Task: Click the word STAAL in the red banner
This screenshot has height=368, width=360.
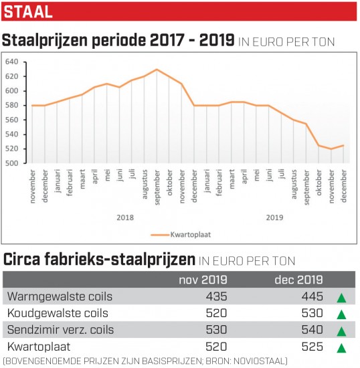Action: [x=28, y=12]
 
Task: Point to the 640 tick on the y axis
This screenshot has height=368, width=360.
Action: [x=12, y=62]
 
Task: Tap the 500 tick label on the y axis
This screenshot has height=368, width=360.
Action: [x=12, y=163]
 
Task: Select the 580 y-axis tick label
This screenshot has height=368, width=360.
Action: [x=12, y=105]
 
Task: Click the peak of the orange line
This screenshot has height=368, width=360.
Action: [x=157, y=69]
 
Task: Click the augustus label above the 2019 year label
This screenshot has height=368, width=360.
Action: [x=294, y=184]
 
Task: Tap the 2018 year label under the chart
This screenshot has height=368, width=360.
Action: [x=125, y=217]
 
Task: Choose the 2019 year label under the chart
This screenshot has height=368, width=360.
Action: [x=274, y=217]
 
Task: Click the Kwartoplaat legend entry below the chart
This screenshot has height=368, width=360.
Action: [x=181, y=234]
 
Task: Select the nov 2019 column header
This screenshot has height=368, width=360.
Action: [x=203, y=280]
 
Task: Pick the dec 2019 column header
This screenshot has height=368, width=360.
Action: [x=298, y=280]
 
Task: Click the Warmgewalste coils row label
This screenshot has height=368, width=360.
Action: [x=60, y=296]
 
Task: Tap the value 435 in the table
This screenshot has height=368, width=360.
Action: [x=216, y=296]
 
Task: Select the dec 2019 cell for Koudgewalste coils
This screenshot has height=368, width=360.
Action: [x=312, y=313]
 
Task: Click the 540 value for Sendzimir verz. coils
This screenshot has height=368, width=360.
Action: [x=312, y=330]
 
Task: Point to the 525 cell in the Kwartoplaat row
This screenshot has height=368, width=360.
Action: [x=312, y=347]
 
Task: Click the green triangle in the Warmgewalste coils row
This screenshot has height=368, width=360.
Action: [x=341, y=298]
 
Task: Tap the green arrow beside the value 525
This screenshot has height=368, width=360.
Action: [x=341, y=348]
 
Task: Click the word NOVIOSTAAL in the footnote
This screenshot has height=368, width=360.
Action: [x=260, y=361]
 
